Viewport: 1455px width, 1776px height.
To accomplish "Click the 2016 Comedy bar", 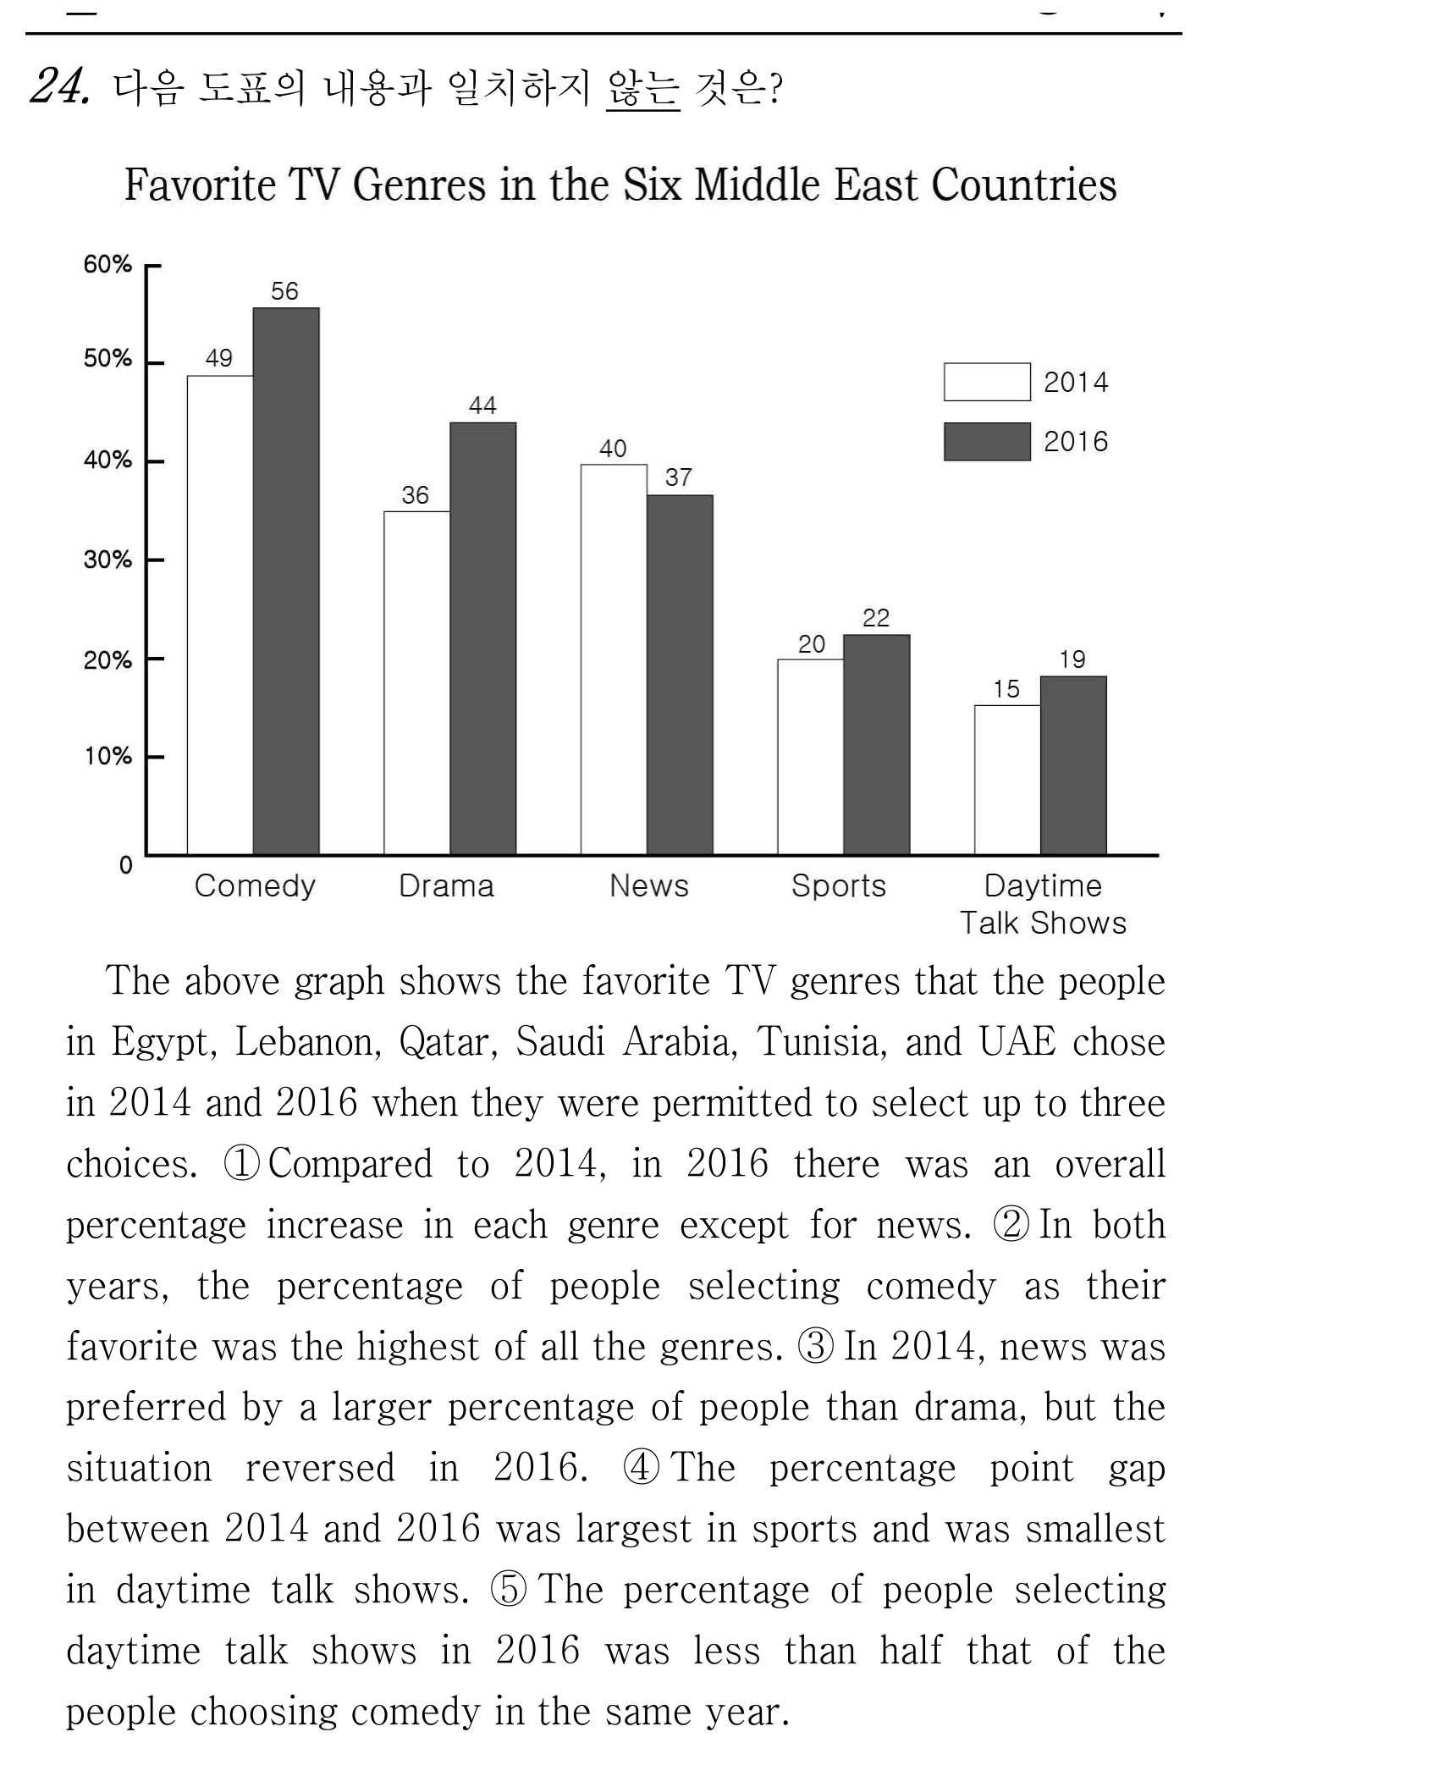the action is click(x=286, y=581).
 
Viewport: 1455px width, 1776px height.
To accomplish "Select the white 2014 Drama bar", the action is click(x=416, y=683).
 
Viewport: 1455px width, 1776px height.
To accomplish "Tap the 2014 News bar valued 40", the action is click(x=614, y=659).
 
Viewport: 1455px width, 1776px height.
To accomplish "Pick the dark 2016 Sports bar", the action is click(x=877, y=745).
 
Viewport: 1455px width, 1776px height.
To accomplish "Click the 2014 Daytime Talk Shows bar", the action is click(x=1007, y=780).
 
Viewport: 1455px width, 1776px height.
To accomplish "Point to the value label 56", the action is click(x=284, y=291).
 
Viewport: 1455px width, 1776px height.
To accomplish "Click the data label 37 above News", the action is click(x=678, y=477).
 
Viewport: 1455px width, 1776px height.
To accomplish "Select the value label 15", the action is click(x=1006, y=689).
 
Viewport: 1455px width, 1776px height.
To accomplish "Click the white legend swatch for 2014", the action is click(x=987, y=382).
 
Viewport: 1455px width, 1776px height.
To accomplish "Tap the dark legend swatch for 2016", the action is click(x=987, y=442).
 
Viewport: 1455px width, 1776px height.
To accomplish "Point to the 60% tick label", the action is click(x=107, y=264).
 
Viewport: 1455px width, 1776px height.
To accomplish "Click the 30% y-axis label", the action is click(x=107, y=560).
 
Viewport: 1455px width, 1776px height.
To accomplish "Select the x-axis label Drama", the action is click(x=446, y=886).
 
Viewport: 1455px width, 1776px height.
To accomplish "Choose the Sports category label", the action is click(x=838, y=886).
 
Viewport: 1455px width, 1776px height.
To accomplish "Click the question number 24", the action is click(x=59, y=85).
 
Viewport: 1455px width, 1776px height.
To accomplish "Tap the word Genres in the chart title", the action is click(x=419, y=185).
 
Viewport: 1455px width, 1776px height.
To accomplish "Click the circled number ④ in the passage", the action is click(x=641, y=1468).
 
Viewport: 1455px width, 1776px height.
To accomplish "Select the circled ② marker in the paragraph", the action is click(x=1011, y=1225).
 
